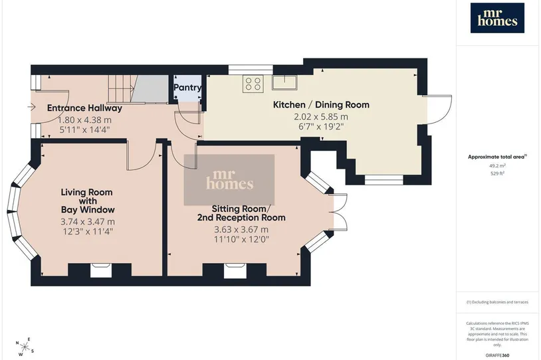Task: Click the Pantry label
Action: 187,88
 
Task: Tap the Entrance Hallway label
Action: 84,108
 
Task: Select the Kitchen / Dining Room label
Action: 321,104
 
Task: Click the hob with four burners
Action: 253,84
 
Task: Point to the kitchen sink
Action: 284,82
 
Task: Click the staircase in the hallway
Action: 138,89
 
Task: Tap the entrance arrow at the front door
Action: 31,107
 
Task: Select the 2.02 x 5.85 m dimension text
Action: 321,116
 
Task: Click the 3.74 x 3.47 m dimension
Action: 88,222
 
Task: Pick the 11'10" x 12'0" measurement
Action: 241,239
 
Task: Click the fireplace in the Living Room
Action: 101,270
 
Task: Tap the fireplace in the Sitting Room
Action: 235,270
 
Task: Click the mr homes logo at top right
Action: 497,18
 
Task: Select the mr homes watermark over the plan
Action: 229,179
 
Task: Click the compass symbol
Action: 25,347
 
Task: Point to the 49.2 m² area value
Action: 497,165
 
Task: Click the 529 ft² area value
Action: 497,173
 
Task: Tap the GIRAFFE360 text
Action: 497,355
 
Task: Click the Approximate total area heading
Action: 497,157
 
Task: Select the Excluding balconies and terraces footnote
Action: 497,302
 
